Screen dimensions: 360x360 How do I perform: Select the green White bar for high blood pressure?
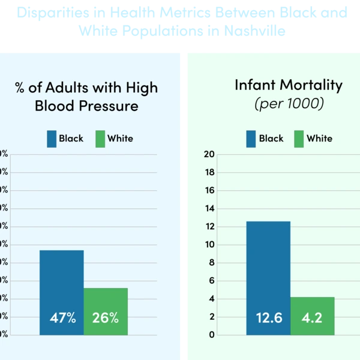(x=106, y=300)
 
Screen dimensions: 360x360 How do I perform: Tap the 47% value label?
(x=62, y=317)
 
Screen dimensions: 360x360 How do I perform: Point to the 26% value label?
(x=106, y=317)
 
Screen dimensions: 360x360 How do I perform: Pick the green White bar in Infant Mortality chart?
(x=312, y=306)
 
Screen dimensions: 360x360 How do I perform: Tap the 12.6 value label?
(x=268, y=317)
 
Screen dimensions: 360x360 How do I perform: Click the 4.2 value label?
(x=312, y=317)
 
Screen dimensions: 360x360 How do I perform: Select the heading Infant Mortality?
(x=289, y=85)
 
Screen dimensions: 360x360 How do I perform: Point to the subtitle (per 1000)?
(x=289, y=103)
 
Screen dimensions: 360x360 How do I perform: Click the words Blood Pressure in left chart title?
(x=86, y=106)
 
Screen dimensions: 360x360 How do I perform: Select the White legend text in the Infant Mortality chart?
(x=319, y=139)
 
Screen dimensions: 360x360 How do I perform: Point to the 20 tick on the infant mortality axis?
(x=209, y=154)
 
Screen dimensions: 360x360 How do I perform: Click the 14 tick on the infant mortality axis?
(x=209, y=208)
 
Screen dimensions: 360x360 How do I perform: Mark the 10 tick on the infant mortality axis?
(x=209, y=244)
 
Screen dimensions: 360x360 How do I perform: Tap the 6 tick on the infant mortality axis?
(x=211, y=281)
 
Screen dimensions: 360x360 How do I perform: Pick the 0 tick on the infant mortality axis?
(x=211, y=335)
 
